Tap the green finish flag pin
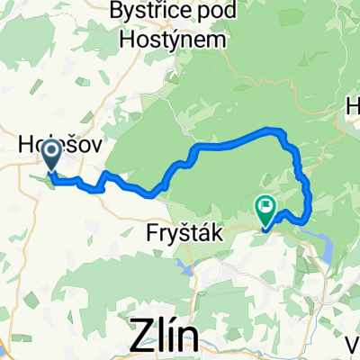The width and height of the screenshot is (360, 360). click(x=266, y=211)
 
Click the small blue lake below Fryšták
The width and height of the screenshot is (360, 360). click(x=186, y=265)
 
